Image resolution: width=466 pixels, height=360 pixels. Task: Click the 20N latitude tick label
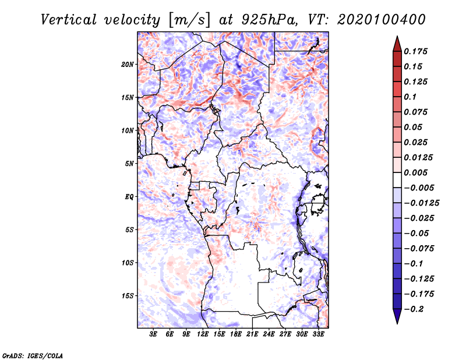[x=128, y=64]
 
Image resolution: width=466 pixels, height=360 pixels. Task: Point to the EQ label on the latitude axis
[x=129, y=196]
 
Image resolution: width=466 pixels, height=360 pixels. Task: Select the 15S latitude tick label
[x=128, y=295]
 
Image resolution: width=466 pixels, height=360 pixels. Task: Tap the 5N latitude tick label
[x=129, y=164]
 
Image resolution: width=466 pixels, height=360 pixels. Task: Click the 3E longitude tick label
[x=153, y=334]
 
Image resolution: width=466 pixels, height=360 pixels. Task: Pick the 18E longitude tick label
[x=236, y=334]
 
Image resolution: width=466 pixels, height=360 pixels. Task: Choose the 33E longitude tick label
[x=319, y=334]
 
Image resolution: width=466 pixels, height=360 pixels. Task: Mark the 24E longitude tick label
[x=269, y=334]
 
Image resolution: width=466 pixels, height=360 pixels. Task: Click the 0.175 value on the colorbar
[x=416, y=51]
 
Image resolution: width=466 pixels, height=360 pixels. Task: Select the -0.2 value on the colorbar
[x=415, y=308]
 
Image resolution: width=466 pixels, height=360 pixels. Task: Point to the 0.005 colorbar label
[x=416, y=172]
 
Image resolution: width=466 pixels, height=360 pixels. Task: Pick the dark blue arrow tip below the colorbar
[x=397, y=319]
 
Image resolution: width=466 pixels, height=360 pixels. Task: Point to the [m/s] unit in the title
[x=187, y=19]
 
